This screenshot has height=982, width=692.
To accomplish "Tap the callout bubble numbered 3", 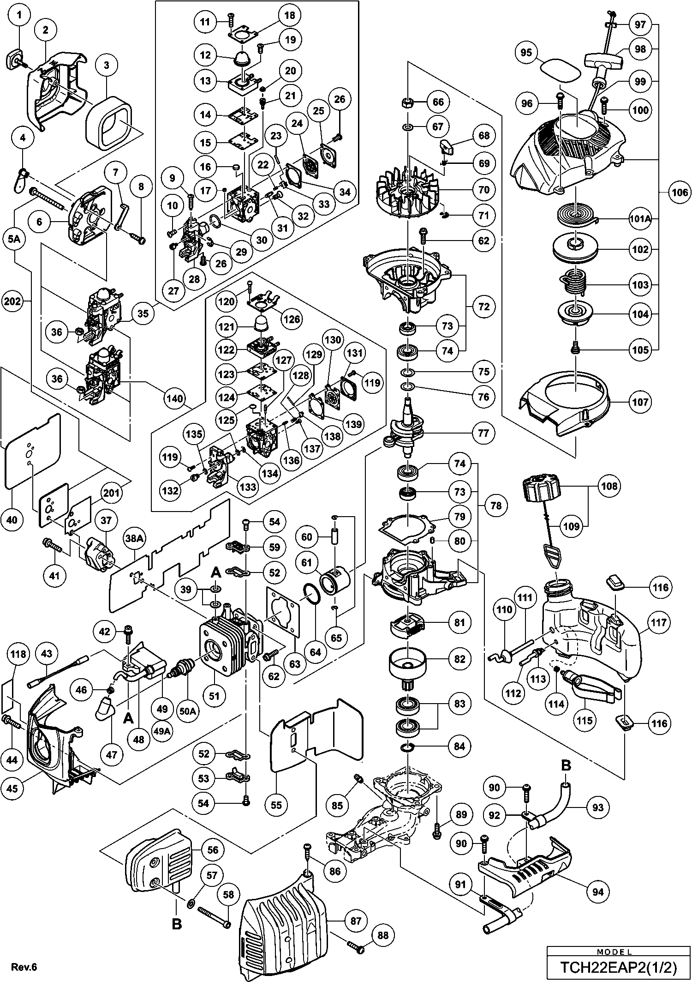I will tap(107, 65).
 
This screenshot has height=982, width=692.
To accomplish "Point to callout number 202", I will tap(13, 301).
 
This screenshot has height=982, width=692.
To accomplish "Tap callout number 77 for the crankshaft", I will tap(483, 433).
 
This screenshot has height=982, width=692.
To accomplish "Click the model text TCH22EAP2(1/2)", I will tap(618, 967).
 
